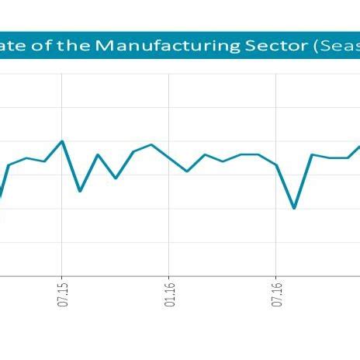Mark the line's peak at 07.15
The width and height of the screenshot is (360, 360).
[62, 141]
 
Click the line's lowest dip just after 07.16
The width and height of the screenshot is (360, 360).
[294, 208]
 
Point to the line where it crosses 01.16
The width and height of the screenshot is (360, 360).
[169, 157]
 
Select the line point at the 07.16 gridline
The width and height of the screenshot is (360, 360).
[276, 164]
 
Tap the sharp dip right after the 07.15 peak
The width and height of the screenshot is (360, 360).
[80, 191]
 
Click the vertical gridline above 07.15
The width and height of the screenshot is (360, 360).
[62, 101]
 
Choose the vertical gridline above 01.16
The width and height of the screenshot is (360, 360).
[169, 101]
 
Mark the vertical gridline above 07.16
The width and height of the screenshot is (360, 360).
[276, 101]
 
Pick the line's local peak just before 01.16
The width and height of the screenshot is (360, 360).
[151, 145]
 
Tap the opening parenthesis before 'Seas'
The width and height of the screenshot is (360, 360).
[317, 46]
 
